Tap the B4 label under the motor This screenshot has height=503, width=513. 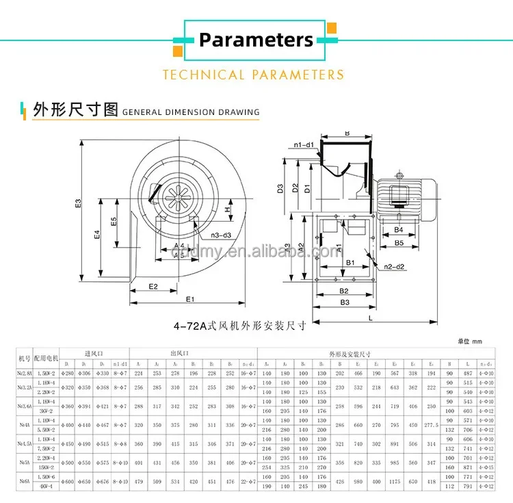[399, 230]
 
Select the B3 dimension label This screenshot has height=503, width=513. [345, 302]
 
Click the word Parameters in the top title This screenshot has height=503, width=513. [256, 40]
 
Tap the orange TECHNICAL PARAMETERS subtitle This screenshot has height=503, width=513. [253, 75]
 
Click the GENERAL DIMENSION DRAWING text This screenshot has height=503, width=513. [191, 112]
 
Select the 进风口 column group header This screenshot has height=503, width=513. [93, 353]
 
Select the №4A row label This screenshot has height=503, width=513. [24, 424]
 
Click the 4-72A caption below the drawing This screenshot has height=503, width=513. [239, 327]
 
